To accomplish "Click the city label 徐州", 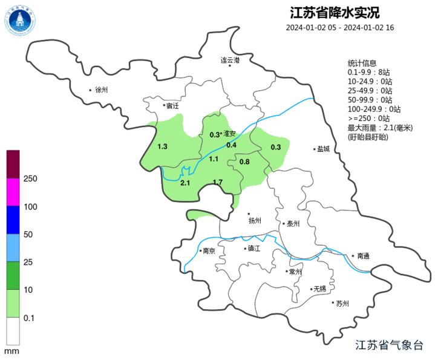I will tap(100, 90).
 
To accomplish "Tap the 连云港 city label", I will tap(230, 61).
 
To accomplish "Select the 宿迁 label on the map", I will tap(172, 106).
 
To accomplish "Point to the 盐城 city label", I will tap(323, 149).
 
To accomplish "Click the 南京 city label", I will tap(209, 250).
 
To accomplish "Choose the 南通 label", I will tap(363, 256).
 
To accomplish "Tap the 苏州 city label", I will tap(342, 304).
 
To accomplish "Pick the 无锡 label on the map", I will tap(319, 289).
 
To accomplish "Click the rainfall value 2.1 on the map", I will tap(185, 183).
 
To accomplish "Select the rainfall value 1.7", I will tap(218, 182).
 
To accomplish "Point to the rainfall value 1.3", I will tap(162, 147).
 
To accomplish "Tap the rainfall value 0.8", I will tap(244, 162).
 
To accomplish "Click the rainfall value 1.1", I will tap(214, 159).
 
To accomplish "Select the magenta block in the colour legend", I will tap(13, 192).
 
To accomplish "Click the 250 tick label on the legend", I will tap(30, 179).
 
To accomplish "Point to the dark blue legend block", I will tap(13, 220).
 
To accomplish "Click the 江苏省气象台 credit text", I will tap(390, 345).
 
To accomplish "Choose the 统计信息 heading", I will tap(362, 64).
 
